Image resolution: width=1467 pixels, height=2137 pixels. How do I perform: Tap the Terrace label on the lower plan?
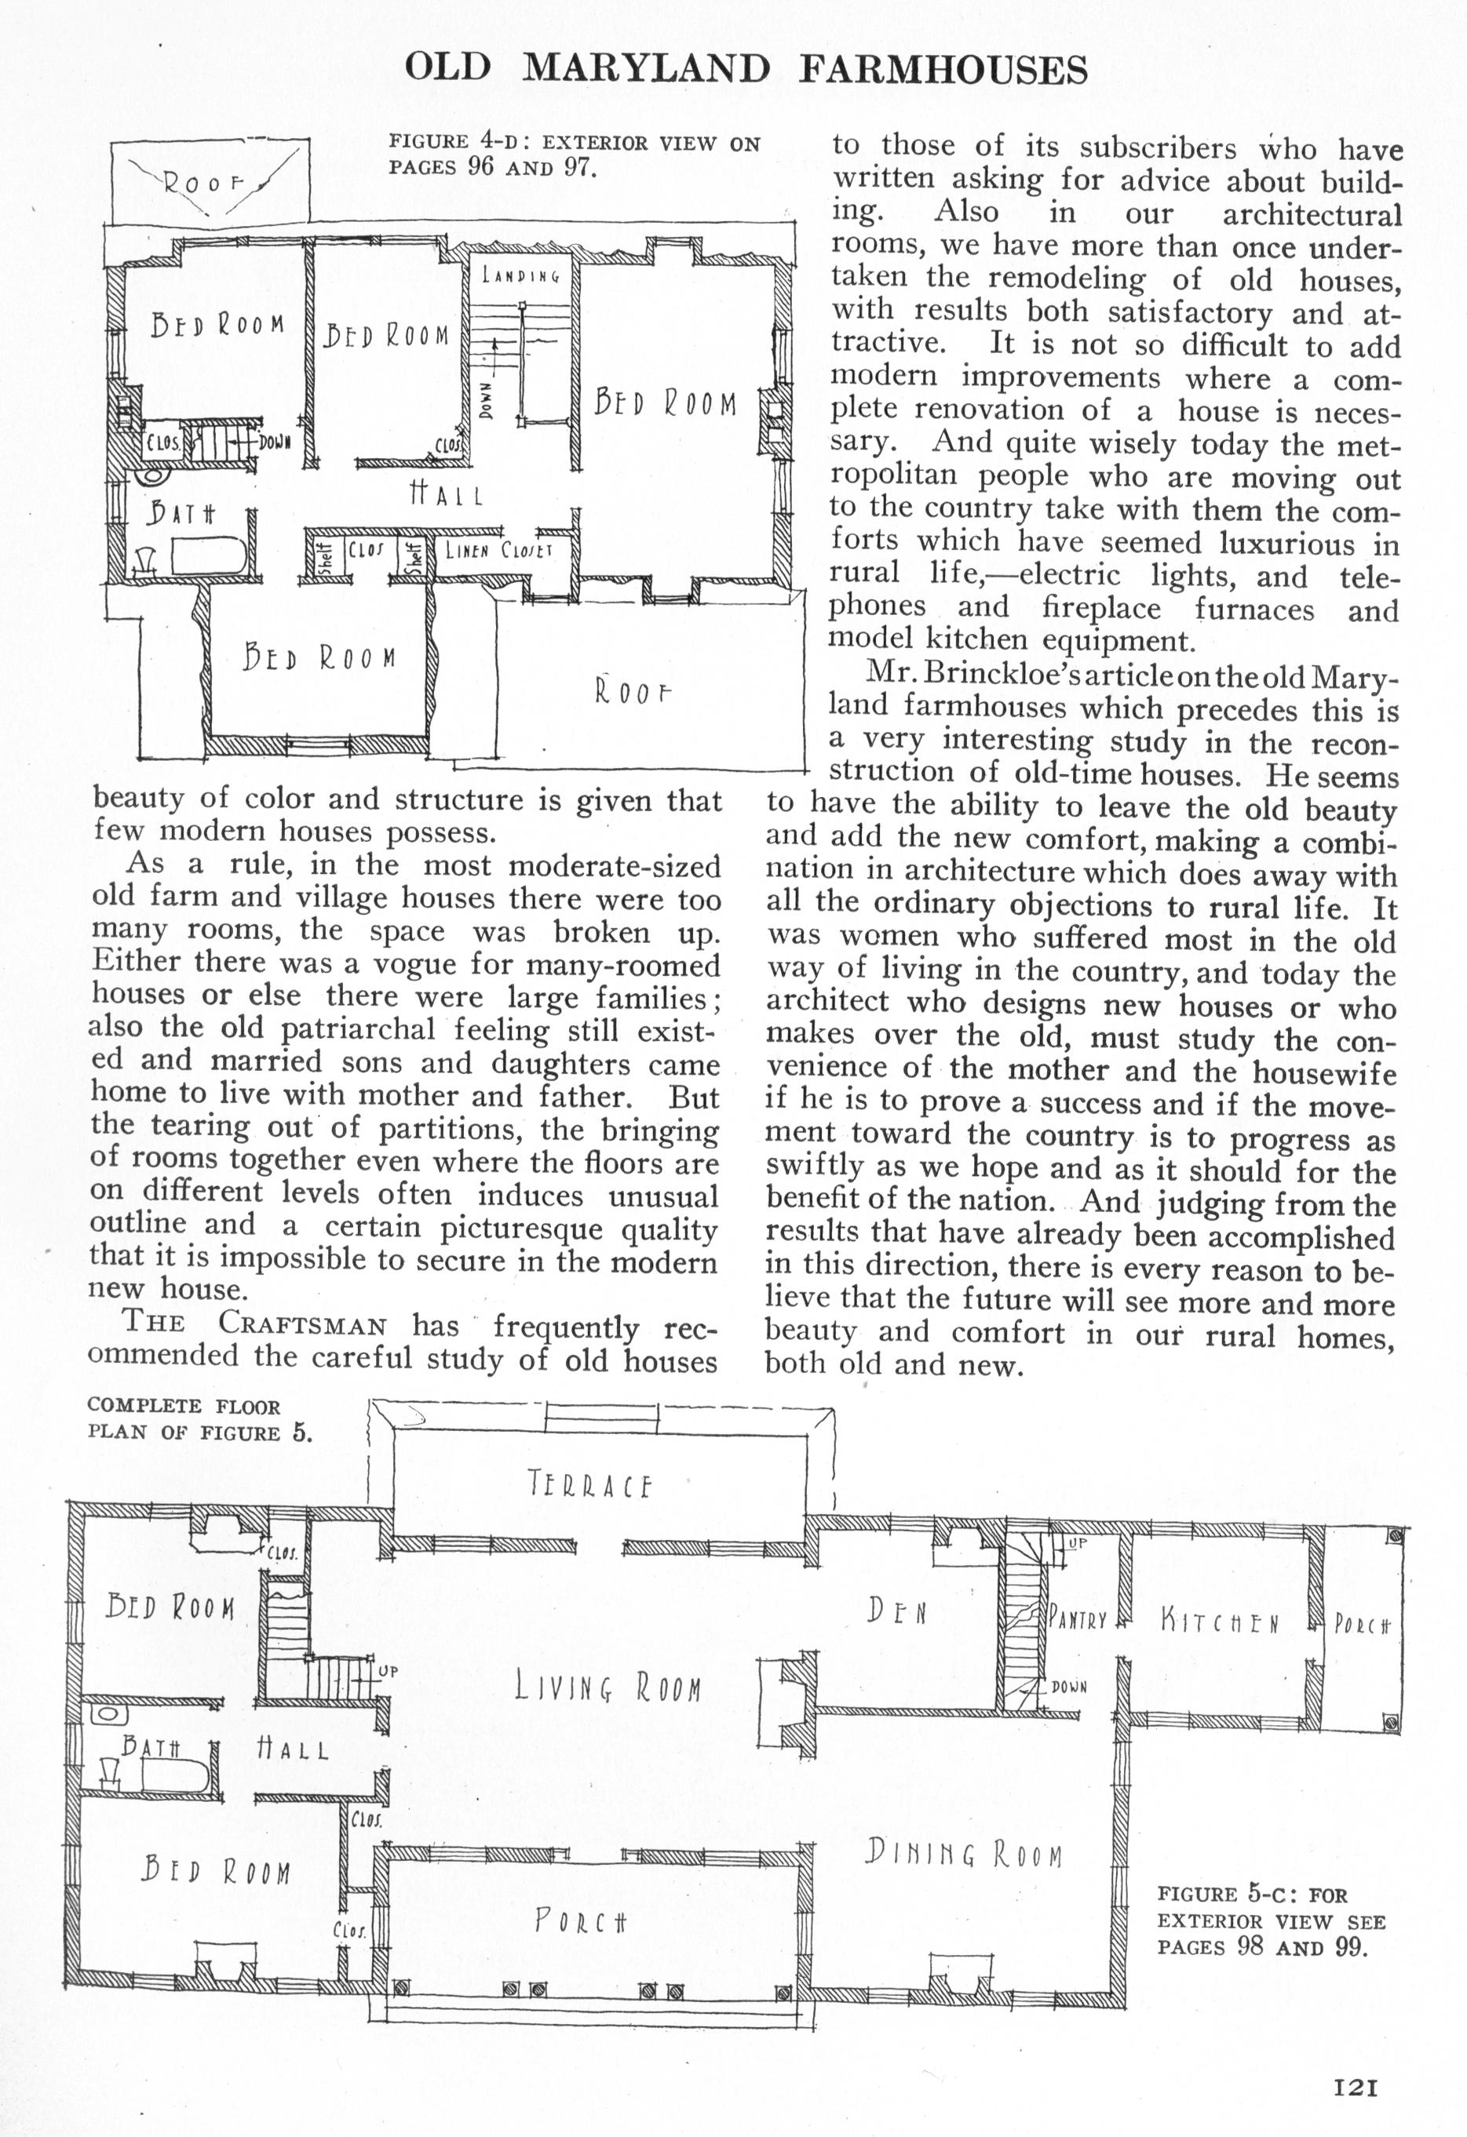[x=589, y=1484]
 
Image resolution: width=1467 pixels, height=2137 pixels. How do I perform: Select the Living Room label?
[x=608, y=1688]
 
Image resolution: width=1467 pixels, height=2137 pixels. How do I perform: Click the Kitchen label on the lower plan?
[x=1220, y=1621]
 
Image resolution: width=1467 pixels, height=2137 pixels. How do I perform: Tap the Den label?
[x=896, y=1611]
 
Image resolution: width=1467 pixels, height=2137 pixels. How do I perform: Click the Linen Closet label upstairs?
[x=498, y=551]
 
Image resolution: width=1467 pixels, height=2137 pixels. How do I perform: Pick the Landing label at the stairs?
[x=520, y=275]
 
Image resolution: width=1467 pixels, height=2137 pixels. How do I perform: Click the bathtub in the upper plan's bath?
[x=209, y=557]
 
